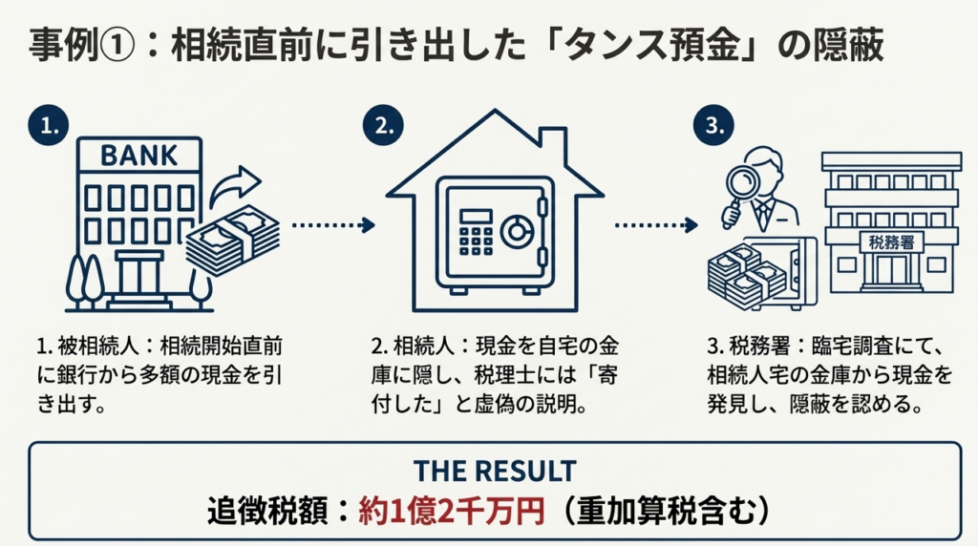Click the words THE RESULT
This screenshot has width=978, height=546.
pos(494,471)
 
